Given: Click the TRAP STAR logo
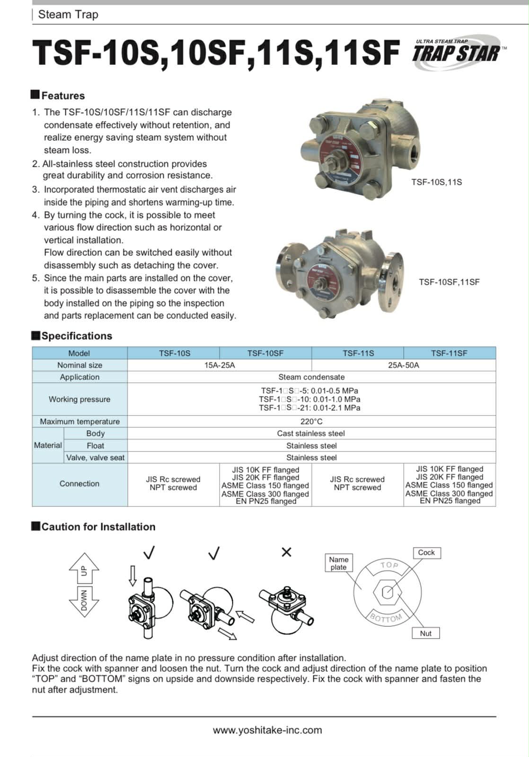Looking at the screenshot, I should (457, 52).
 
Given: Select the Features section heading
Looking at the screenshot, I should (62, 96).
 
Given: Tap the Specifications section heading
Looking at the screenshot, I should (76, 336).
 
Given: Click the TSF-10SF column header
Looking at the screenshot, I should (265, 353).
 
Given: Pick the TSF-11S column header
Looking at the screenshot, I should (358, 353).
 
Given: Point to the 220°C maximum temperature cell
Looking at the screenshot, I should (311, 422).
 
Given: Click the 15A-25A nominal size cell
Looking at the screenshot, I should (220, 365).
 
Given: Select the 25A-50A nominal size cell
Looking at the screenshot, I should (404, 365).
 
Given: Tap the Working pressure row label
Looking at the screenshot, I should (79, 399).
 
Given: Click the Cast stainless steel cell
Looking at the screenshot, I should (311, 433).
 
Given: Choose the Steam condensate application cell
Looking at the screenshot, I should (311, 377).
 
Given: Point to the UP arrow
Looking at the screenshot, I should (84, 568).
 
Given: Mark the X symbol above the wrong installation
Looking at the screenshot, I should (286, 552).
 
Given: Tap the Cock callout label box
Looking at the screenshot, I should (426, 553).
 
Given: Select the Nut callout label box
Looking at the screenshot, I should (426, 633).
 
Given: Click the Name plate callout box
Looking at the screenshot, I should (339, 563).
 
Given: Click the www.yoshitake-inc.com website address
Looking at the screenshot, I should (267, 730).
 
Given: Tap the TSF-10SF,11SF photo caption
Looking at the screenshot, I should (449, 282).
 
